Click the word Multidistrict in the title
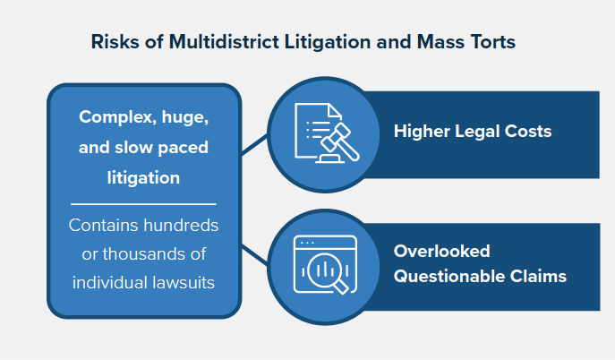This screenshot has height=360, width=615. coord(224,41)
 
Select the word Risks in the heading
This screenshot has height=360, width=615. coord(115,41)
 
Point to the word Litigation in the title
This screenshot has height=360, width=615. coord(328,42)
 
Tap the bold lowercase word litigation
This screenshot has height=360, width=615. coord(143,178)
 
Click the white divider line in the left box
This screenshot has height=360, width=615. coord(143,204)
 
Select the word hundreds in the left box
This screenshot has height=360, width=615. coord(181,226)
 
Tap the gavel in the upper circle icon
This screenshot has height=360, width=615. coord(338,142)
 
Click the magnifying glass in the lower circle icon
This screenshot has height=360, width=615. coord(328,273)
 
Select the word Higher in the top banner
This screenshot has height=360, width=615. coord(422,132)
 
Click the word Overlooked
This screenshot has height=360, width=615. coord(442,252)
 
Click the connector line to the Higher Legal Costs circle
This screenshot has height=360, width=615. coord(254,144)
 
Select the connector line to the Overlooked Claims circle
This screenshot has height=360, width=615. coord(254,253)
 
